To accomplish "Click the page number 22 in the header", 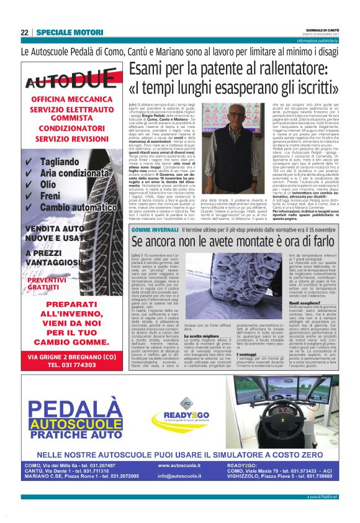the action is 24,32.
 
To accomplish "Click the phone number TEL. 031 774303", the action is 70,366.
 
